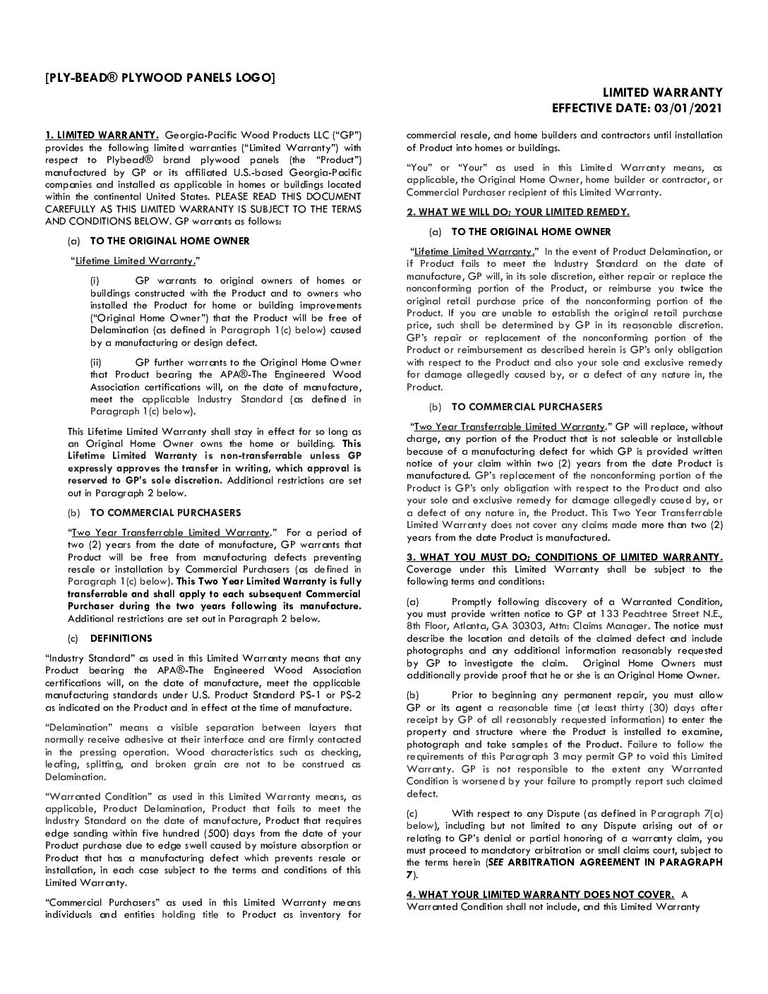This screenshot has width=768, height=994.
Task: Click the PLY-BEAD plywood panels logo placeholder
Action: pyautogui.click(x=160, y=77)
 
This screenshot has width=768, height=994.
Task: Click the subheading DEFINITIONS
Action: pyautogui.click(x=121, y=638)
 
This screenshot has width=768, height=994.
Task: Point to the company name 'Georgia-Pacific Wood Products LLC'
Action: pyautogui.click(x=248, y=135)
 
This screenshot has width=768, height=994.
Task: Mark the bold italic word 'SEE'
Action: pyautogui.click(x=496, y=862)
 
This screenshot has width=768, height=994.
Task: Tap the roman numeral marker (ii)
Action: pyautogui.click(x=96, y=362)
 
